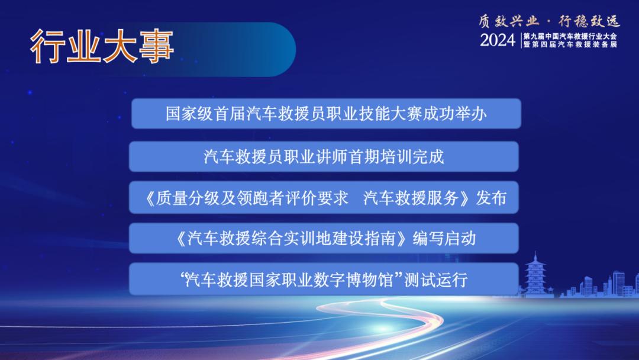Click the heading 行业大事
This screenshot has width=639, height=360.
102,47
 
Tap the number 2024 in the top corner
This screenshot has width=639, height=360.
498,40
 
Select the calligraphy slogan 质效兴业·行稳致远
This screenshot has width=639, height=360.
549,21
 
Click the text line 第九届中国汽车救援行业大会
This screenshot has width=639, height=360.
570,36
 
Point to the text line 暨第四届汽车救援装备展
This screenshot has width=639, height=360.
570,45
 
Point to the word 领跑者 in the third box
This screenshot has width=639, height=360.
260,198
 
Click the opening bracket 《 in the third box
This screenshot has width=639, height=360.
151,198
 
